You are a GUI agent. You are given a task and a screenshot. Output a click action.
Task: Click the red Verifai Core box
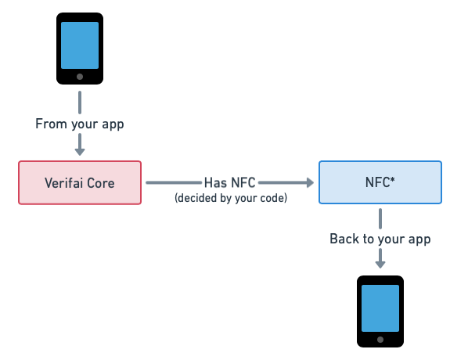pos(80,182)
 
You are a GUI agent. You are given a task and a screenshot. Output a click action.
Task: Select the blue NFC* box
pos(380,182)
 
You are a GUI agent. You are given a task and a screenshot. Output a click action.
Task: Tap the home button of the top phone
pos(80,77)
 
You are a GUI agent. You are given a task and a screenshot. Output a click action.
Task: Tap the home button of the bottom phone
pos(380,340)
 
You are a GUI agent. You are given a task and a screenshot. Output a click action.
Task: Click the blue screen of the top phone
pos(80,45)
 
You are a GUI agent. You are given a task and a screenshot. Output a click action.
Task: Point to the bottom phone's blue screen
pos(380,308)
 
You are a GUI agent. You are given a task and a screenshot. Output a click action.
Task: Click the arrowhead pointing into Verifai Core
pos(80,151)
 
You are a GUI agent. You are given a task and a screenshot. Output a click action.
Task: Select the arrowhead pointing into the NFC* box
pos(310,182)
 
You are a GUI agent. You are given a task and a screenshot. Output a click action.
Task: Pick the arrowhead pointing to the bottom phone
pos(380,265)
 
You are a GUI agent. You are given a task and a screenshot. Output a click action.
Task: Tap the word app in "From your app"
pos(113,124)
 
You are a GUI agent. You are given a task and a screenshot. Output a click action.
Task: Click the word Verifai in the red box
pos(63,183)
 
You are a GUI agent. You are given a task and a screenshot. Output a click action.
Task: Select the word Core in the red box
pos(101,183)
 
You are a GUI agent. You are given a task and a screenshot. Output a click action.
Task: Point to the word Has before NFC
pos(215,182)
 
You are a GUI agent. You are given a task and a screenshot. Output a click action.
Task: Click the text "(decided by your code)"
pos(231,198)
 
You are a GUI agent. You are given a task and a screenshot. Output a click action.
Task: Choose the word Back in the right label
pos(344,239)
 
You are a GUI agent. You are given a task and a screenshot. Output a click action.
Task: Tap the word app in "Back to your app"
pos(419,239)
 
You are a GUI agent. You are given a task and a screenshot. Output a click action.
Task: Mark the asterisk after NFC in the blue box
pos(392,180)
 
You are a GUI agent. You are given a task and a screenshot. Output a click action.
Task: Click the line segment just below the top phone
pos(80,103)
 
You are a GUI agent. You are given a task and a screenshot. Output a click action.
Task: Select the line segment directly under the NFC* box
pos(380,219)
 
